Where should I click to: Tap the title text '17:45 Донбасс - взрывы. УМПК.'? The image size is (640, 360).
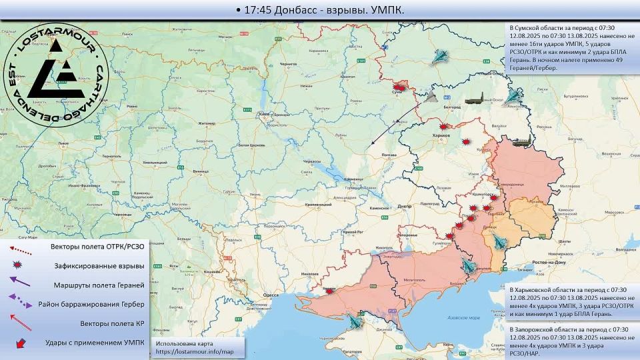[x=320, y=10]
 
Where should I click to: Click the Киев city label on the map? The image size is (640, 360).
[x=265, y=113]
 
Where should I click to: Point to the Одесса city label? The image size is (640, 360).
[x=271, y=294]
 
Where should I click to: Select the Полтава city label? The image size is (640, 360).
[x=389, y=155]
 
